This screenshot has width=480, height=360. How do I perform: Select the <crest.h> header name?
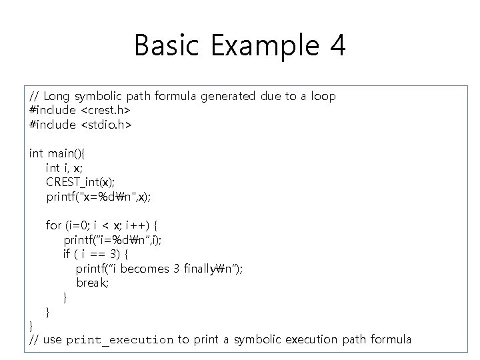[x=105, y=110]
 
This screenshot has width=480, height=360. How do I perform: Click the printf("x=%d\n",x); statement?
[x=99, y=196]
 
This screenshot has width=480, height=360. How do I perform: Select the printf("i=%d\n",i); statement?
[x=112, y=239]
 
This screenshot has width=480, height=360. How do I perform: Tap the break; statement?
[x=93, y=282]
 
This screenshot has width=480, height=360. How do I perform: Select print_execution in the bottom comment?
[x=120, y=340]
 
